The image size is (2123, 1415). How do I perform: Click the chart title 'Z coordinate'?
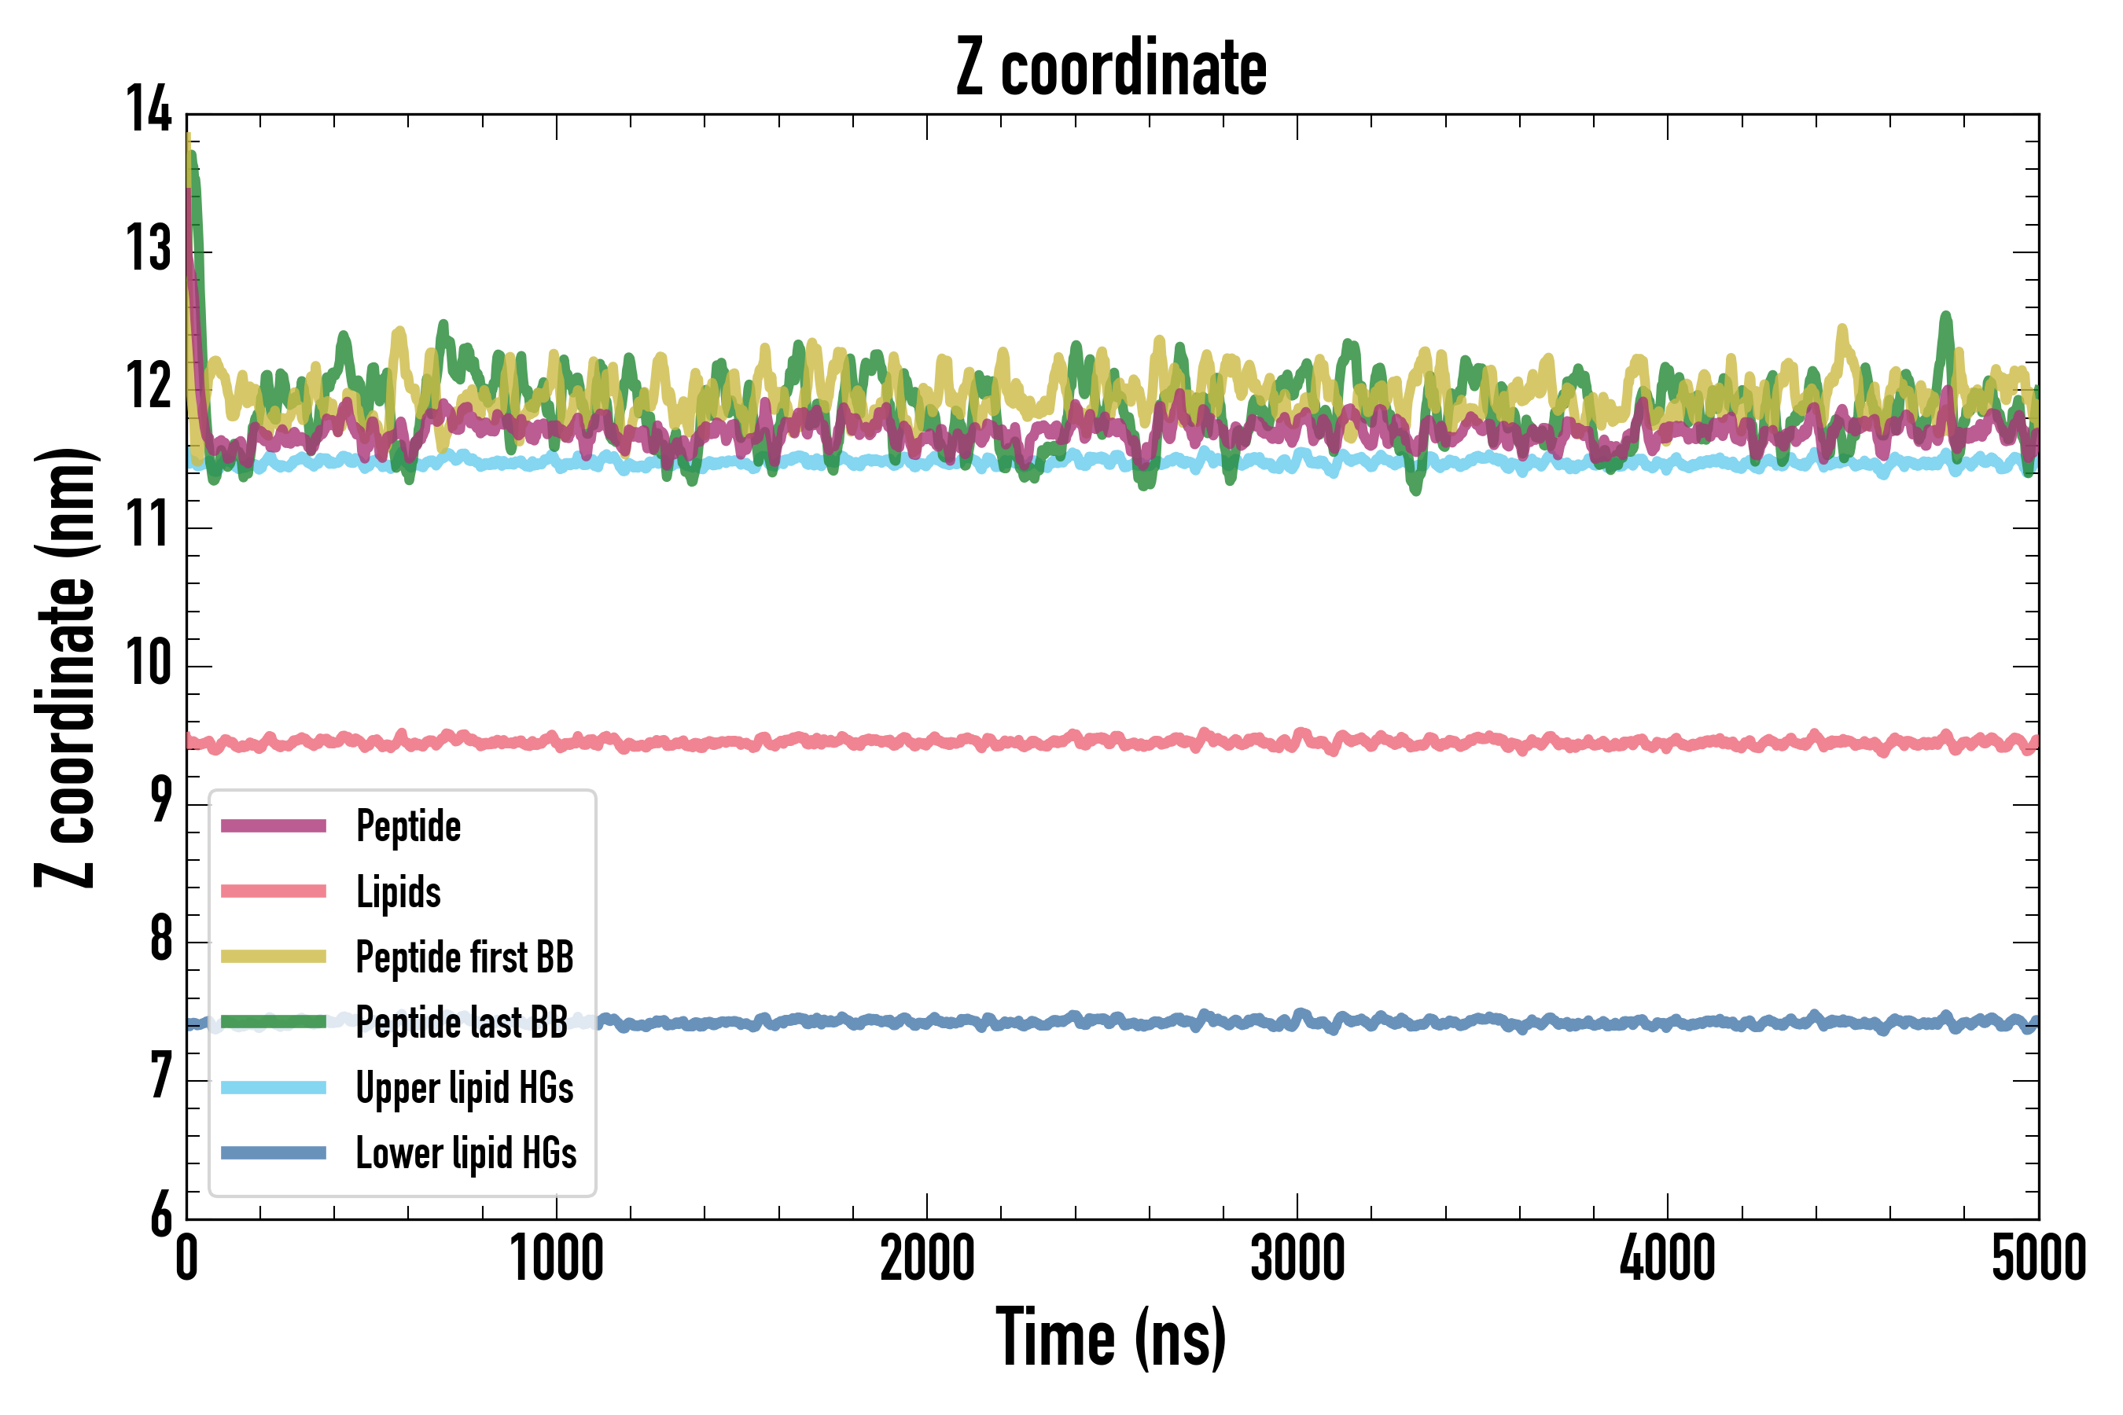[x=1111, y=68]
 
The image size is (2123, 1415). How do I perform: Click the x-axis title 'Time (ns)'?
[x=1111, y=1337]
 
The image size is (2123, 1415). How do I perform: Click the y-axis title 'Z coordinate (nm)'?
[x=65, y=667]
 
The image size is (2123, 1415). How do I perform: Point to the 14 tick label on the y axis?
[x=148, y=110]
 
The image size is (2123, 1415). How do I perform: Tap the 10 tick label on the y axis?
[x=148, y=663]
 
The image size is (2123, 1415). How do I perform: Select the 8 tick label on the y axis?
[x=160, y=939]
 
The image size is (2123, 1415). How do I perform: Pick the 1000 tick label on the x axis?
[x=557, y=1259]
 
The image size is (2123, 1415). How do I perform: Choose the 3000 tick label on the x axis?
[x=1297, y=1259]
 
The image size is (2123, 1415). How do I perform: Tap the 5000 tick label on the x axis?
[x=2038, y=1259]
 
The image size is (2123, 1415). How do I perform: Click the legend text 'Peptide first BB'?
[x=464, y=957]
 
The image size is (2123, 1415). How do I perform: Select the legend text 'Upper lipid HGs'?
[x=464, y=1087]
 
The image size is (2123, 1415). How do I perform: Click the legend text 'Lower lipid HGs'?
[x=465, y=1153]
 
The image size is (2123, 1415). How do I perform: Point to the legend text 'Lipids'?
[x=398, y=891]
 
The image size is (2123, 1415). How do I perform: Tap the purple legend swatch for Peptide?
[x=274, y=825]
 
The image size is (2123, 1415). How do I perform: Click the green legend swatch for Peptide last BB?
[x=274, y=1021]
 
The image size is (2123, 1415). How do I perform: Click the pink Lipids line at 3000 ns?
[x=1297, y=737]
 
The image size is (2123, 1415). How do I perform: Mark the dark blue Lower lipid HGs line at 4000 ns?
[x=1667, y=1024]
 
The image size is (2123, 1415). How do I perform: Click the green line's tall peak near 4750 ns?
[x=1946, y=318]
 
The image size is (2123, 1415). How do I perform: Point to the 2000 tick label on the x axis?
[x=927, y=1259]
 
